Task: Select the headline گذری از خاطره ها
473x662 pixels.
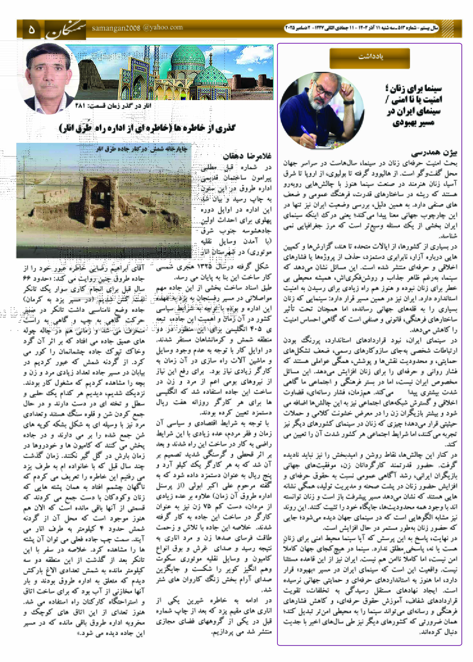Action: [x=147, y=128]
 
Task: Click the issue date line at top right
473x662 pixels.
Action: [x=361, y=28]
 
